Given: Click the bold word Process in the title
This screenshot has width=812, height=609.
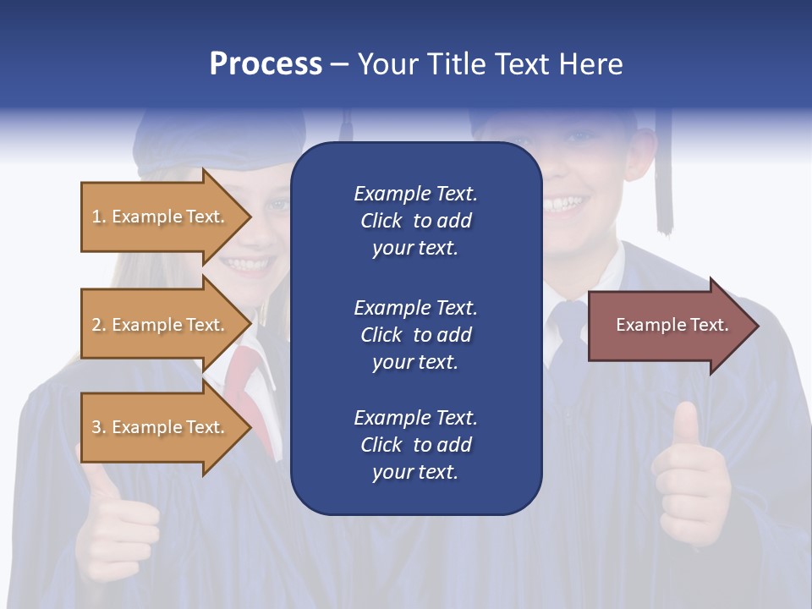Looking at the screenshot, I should [266, 64].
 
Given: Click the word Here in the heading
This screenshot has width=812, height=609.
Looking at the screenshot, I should [590, 64].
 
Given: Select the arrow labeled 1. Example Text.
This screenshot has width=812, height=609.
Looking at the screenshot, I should [165, 217].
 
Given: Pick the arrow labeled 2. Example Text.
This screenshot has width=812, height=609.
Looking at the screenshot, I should [165, 325].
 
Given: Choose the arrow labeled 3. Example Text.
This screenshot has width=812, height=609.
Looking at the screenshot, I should [165, 427].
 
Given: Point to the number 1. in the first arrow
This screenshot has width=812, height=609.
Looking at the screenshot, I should [99, 217].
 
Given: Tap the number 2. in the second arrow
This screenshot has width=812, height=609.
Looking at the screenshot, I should [99, 325].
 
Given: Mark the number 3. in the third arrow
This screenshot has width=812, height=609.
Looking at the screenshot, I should [99, 427].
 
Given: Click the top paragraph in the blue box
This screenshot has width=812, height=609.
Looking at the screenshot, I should [415, 221].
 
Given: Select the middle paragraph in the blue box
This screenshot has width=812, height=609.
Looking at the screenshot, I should [415, 335].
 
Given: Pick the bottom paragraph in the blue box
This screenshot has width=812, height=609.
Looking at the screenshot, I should [415, 445].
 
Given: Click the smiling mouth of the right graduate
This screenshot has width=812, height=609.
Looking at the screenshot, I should [565, 204].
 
